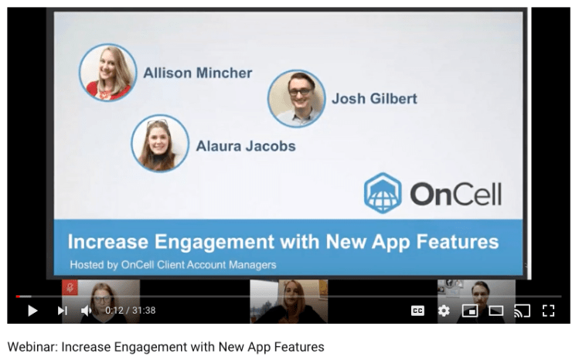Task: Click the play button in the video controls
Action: tap(32, 311)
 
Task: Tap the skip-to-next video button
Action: tap(63, 311)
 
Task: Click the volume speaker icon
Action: tap(86, 311)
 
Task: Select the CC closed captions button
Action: tap(417, 311)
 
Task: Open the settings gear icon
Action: tap(444, 311)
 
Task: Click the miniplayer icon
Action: tap(470, 311)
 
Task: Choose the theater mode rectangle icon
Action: tap(496, 311)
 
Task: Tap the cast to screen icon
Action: tap(522, 311)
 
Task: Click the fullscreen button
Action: tap(548, 311)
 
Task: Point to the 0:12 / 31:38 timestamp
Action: tap(131, 311)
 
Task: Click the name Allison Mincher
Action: tap(198, 73)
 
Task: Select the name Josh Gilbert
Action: tap(374, 98)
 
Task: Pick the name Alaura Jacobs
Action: tap(246, 146)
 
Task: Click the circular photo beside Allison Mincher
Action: tap(107, 73)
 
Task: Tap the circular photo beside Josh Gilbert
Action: tap(297, 98)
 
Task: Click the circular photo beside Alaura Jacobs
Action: tap(160, 143)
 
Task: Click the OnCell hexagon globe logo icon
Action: tap(383, 193)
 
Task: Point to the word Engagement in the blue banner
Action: tap(214, 243)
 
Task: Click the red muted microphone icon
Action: tap(70, 287)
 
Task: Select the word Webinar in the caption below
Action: tap(32, 347)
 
